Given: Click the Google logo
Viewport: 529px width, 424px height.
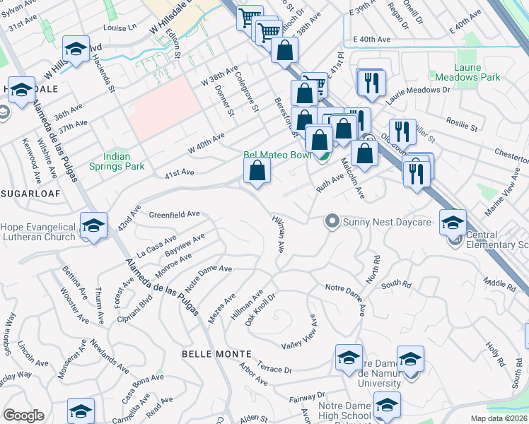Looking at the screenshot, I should point(23,416).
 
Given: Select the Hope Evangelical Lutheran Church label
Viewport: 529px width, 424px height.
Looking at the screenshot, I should point(38,232).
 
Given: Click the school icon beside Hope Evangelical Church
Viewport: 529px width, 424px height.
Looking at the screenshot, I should point(93,225).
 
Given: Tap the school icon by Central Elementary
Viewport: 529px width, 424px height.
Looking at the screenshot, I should point(453,222).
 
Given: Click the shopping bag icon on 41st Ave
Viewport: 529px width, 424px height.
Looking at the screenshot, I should point(257,170).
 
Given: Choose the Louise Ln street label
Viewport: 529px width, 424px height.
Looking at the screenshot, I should point(119,29).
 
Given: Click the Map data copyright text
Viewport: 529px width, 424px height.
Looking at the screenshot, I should point(499,418).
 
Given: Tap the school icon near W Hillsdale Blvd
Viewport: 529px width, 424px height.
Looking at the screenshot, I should point(75,49).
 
